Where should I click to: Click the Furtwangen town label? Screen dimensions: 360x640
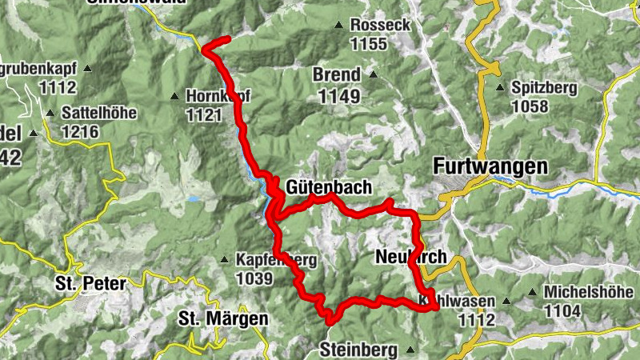(490, 166)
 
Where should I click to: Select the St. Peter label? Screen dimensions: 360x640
(90, 283)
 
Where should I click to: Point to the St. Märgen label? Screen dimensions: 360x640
(222, 318)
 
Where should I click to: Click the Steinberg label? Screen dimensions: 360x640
(358, 350)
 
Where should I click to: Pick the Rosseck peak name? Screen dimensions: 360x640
(380, 26)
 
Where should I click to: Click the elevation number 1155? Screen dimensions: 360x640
(369, 45)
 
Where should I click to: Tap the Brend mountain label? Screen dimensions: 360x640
(336, 75)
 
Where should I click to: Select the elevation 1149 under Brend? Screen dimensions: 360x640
(339, 97)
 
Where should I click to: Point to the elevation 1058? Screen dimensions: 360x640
(530, 106)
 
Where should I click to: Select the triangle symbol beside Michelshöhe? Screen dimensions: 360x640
(533, 292)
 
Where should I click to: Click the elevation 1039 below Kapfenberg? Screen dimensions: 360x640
(254, 278)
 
